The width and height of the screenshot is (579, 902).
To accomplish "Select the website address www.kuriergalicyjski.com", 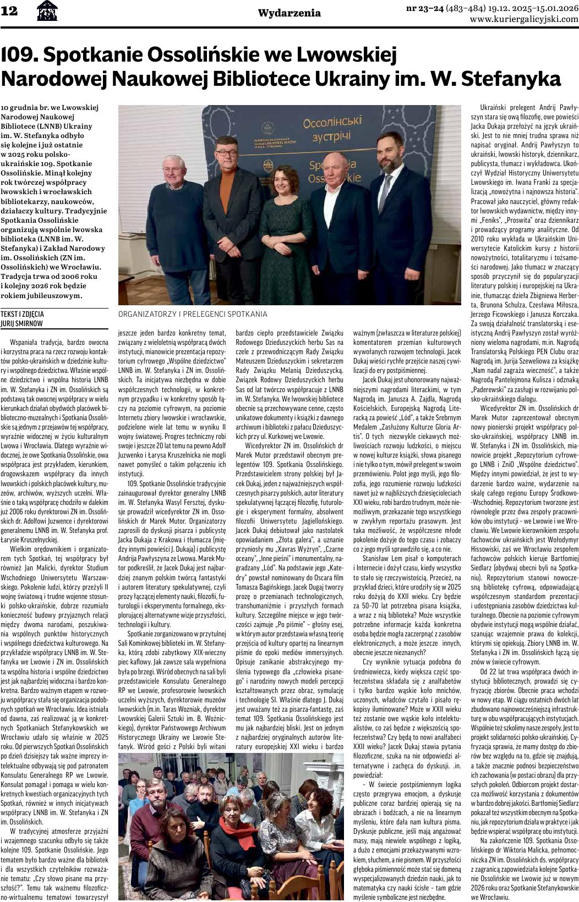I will pyautogui.click(x=524, y=19).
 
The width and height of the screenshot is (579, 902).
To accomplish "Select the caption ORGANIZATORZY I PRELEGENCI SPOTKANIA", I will pyautogui.click(x=193, y=314).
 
